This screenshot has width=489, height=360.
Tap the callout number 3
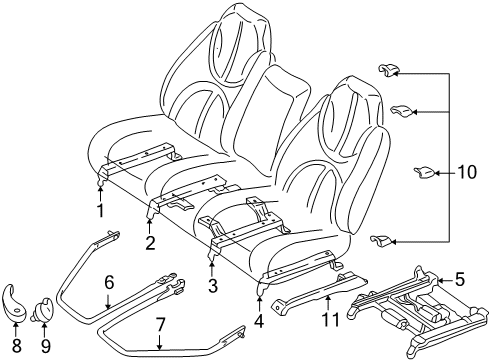pos(212,287)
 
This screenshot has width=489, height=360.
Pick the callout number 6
pos(109,283)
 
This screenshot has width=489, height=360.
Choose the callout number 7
pos(160,324)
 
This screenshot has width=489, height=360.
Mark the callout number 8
pos(16,344)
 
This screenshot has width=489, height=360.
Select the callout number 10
pos(467,172)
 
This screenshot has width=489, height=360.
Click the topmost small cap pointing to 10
pos(388,68)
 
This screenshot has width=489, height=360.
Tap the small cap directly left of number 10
pos(422,172)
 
